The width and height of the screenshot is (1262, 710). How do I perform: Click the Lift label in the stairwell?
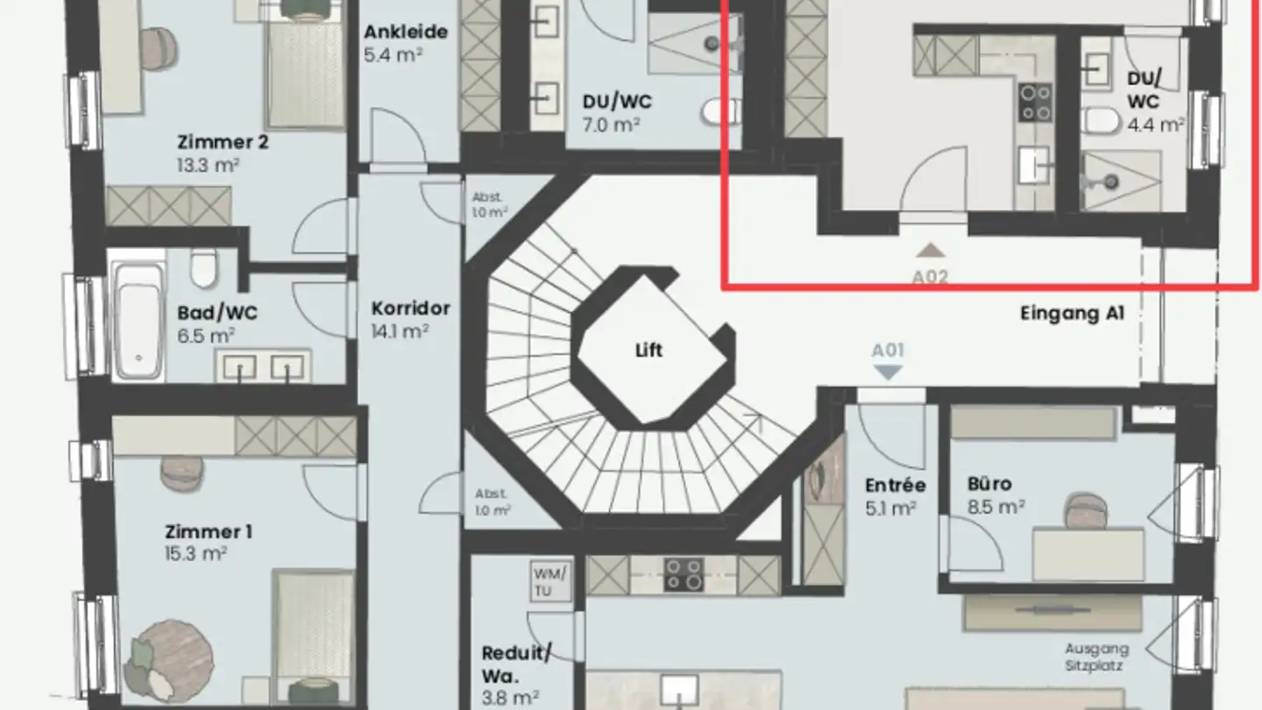pos(649,351)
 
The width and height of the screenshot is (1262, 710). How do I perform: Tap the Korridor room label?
pos(410,309)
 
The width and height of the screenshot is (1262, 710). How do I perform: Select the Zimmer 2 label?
pos(223,142)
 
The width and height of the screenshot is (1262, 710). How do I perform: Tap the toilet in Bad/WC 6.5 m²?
pos(203,267)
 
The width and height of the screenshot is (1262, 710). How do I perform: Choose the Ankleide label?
pos(406,32)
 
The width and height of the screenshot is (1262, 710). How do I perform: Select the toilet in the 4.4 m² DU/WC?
pos(1100,121)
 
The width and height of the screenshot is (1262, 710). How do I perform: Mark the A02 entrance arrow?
pos(930,252)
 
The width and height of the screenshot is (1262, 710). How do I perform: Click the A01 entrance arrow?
pos(889,372)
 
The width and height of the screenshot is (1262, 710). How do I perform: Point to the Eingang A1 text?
pos(1072,314)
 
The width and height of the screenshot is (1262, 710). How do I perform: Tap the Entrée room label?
pos(895,486)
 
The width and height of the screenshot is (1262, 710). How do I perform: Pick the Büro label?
pos(989,484)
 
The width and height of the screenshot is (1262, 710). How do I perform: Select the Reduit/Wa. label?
pos(516,664)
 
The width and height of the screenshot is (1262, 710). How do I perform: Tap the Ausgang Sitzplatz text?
pos(1096,657)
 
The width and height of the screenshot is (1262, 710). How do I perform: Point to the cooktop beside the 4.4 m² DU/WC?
pos(1035,103)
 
